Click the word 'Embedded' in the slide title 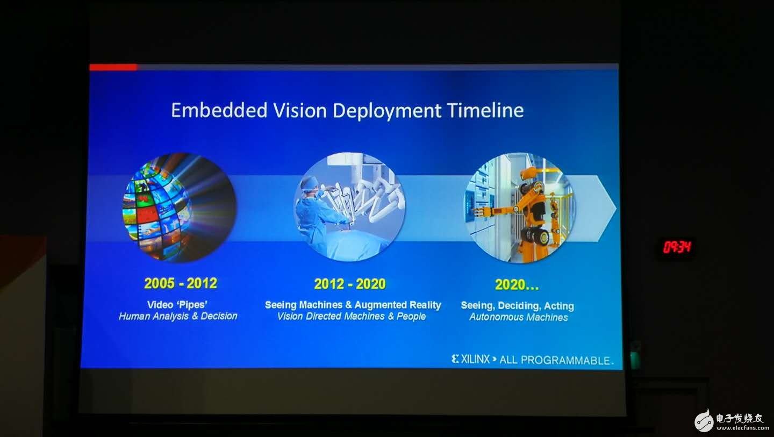tap(219, 110)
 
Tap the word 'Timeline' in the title tap(485, 110)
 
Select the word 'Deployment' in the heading tap(387, 111)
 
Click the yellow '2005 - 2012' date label tap(181, 283)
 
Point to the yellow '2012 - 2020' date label tap(350, 284)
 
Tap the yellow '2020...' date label tap(517, 285)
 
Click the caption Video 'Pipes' tap(177, 305)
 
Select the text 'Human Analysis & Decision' tap(178, 316)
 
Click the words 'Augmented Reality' tap(398, 305)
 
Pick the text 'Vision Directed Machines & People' tap(352, 317)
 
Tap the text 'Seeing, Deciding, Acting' tap(518, 306)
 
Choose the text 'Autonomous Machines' tap(518, 317)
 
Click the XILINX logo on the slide tap(471, 359)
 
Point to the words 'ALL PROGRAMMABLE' tap(555, 360)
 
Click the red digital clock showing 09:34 tap(677, 247)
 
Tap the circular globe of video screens tap(180, 207)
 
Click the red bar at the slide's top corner tap(113, 67)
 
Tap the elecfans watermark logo tap(729, 421)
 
